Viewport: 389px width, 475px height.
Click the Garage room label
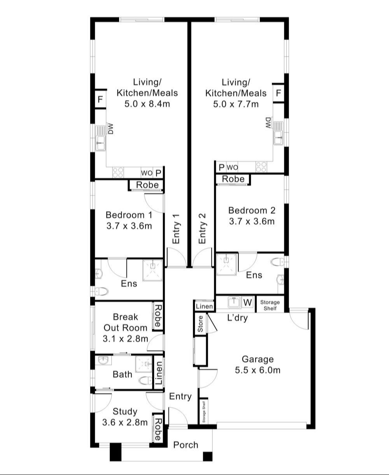point(258,359)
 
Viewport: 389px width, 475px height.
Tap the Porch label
point(186,445)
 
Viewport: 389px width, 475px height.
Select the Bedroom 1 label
point(129,215)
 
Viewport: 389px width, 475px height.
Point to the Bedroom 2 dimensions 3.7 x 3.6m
point(252,221)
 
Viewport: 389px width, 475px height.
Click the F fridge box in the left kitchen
point(100,99)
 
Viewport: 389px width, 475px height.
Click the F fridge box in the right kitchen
point(279,93)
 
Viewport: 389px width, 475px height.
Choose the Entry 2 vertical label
point(202,228)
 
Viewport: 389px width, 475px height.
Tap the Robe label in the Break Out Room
point(158,316)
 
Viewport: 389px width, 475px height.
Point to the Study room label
point(125,411)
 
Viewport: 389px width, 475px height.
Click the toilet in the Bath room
point(145,380)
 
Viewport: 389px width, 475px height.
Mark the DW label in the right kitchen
point(268,123)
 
